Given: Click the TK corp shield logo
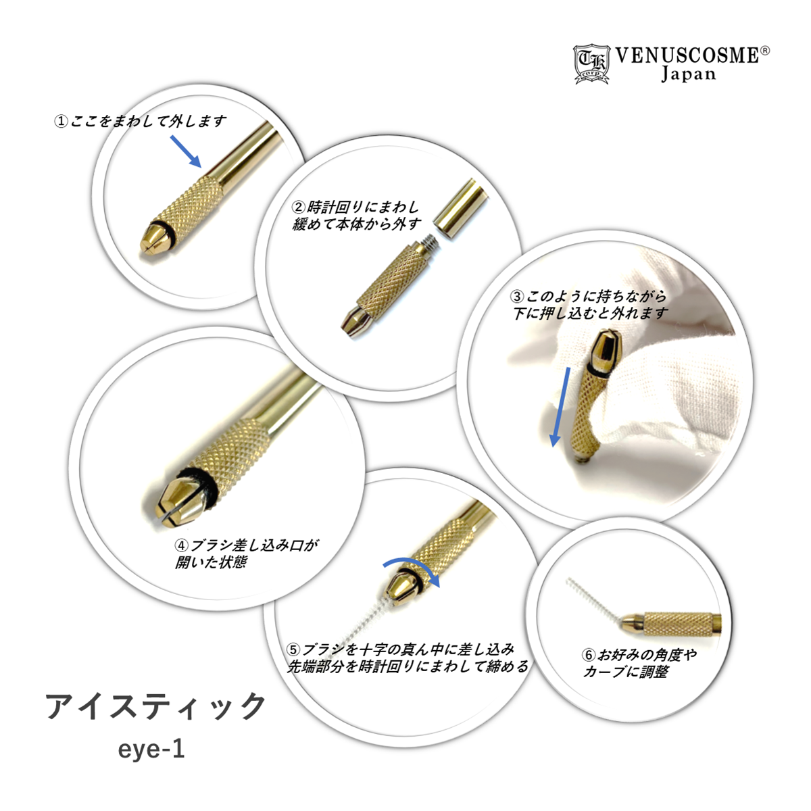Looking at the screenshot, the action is [x=591, y=64].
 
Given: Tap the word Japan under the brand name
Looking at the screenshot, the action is [x=688, y=74].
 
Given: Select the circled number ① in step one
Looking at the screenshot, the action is [x=61, y=122].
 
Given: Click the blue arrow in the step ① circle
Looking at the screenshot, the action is [x=186, y=151].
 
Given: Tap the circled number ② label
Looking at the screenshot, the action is [x=298, y=207].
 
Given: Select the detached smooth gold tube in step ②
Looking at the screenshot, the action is [x=461, y=209].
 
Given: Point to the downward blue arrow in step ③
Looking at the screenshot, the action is [x=561, y=407].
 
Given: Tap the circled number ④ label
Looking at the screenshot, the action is [x=181, y=545].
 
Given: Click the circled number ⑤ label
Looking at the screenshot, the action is [x=294, y=649].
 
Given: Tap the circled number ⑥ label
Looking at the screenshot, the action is [x=589, y=655].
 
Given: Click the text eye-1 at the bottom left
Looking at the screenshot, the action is [x=151, y=749].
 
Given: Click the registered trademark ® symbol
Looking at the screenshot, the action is [x=766, y=51].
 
